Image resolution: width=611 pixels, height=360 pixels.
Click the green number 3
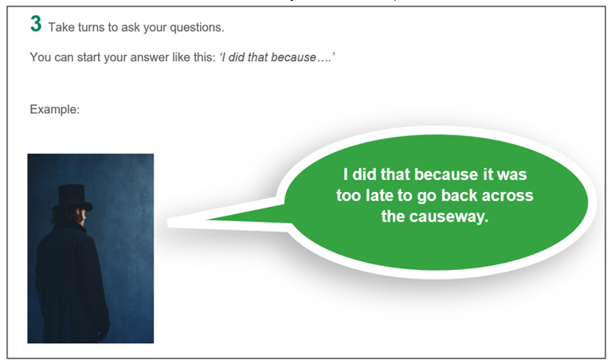click(x=36, y=23)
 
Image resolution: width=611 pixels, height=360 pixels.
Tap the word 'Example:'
click(x=54, y=109)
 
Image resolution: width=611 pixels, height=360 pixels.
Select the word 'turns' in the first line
click(x=92, y=27)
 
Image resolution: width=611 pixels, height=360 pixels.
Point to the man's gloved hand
click(x=103, y=331)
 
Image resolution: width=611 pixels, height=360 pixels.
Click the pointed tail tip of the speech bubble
click(x=168, y=222)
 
